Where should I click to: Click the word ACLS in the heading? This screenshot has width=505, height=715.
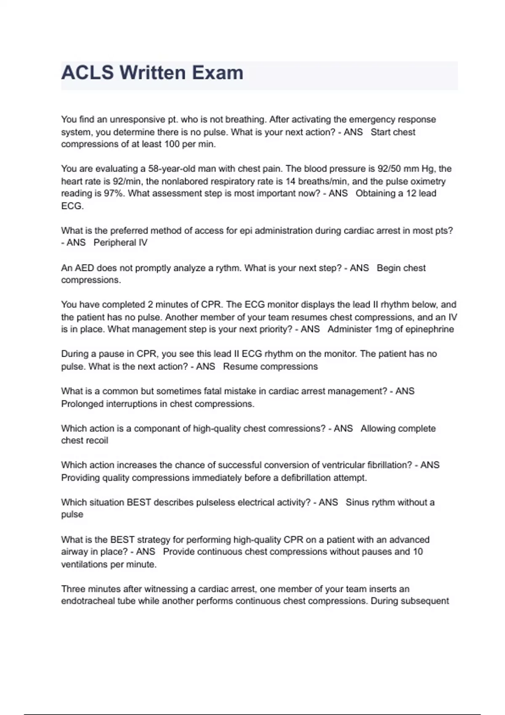coord(88,73)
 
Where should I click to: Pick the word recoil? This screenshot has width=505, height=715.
coord(97,441)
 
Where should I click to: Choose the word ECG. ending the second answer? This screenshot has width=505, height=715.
coord(72,206)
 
